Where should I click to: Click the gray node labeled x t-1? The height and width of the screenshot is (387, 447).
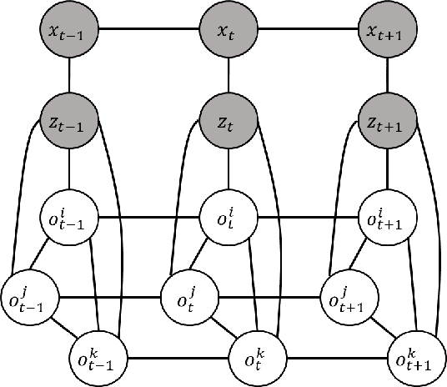[68, 32]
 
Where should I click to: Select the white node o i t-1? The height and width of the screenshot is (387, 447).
[68, 221]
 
